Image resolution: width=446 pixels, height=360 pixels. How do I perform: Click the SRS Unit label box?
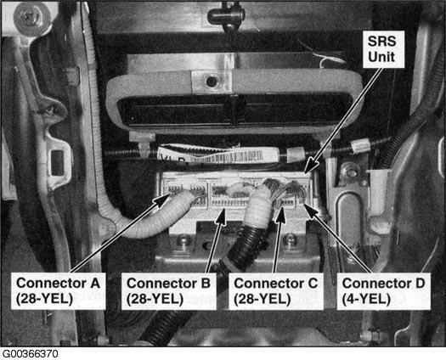383,49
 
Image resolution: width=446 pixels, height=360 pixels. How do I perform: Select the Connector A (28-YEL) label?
59,291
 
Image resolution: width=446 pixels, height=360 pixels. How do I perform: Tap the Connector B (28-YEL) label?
169,291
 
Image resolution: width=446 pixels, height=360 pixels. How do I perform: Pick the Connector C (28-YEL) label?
276,291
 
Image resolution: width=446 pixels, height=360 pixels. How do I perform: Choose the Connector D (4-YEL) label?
383,291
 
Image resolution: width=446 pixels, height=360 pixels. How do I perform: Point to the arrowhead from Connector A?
162,200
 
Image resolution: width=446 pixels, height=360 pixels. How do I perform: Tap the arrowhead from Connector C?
280,217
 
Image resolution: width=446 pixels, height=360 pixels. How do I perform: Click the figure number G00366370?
29,354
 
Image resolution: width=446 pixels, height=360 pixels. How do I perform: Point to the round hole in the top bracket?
212,82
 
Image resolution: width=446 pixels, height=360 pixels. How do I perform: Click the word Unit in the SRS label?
381,57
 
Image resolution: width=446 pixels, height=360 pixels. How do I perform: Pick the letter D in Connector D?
418,284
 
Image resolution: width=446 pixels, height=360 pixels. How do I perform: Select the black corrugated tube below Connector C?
247,250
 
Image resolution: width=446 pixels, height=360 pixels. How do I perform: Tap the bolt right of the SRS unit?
347,172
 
